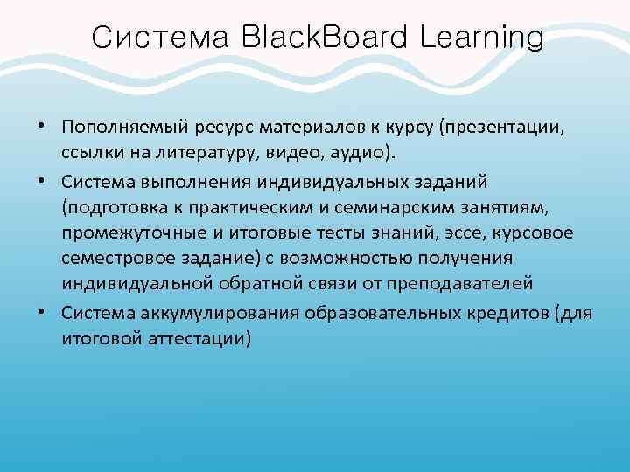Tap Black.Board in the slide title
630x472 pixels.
click(x=323, y=38)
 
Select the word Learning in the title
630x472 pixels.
click(x=480, y=39)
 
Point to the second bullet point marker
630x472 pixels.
click(x=42, y=180)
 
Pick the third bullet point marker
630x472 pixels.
click(x=42, y=310)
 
